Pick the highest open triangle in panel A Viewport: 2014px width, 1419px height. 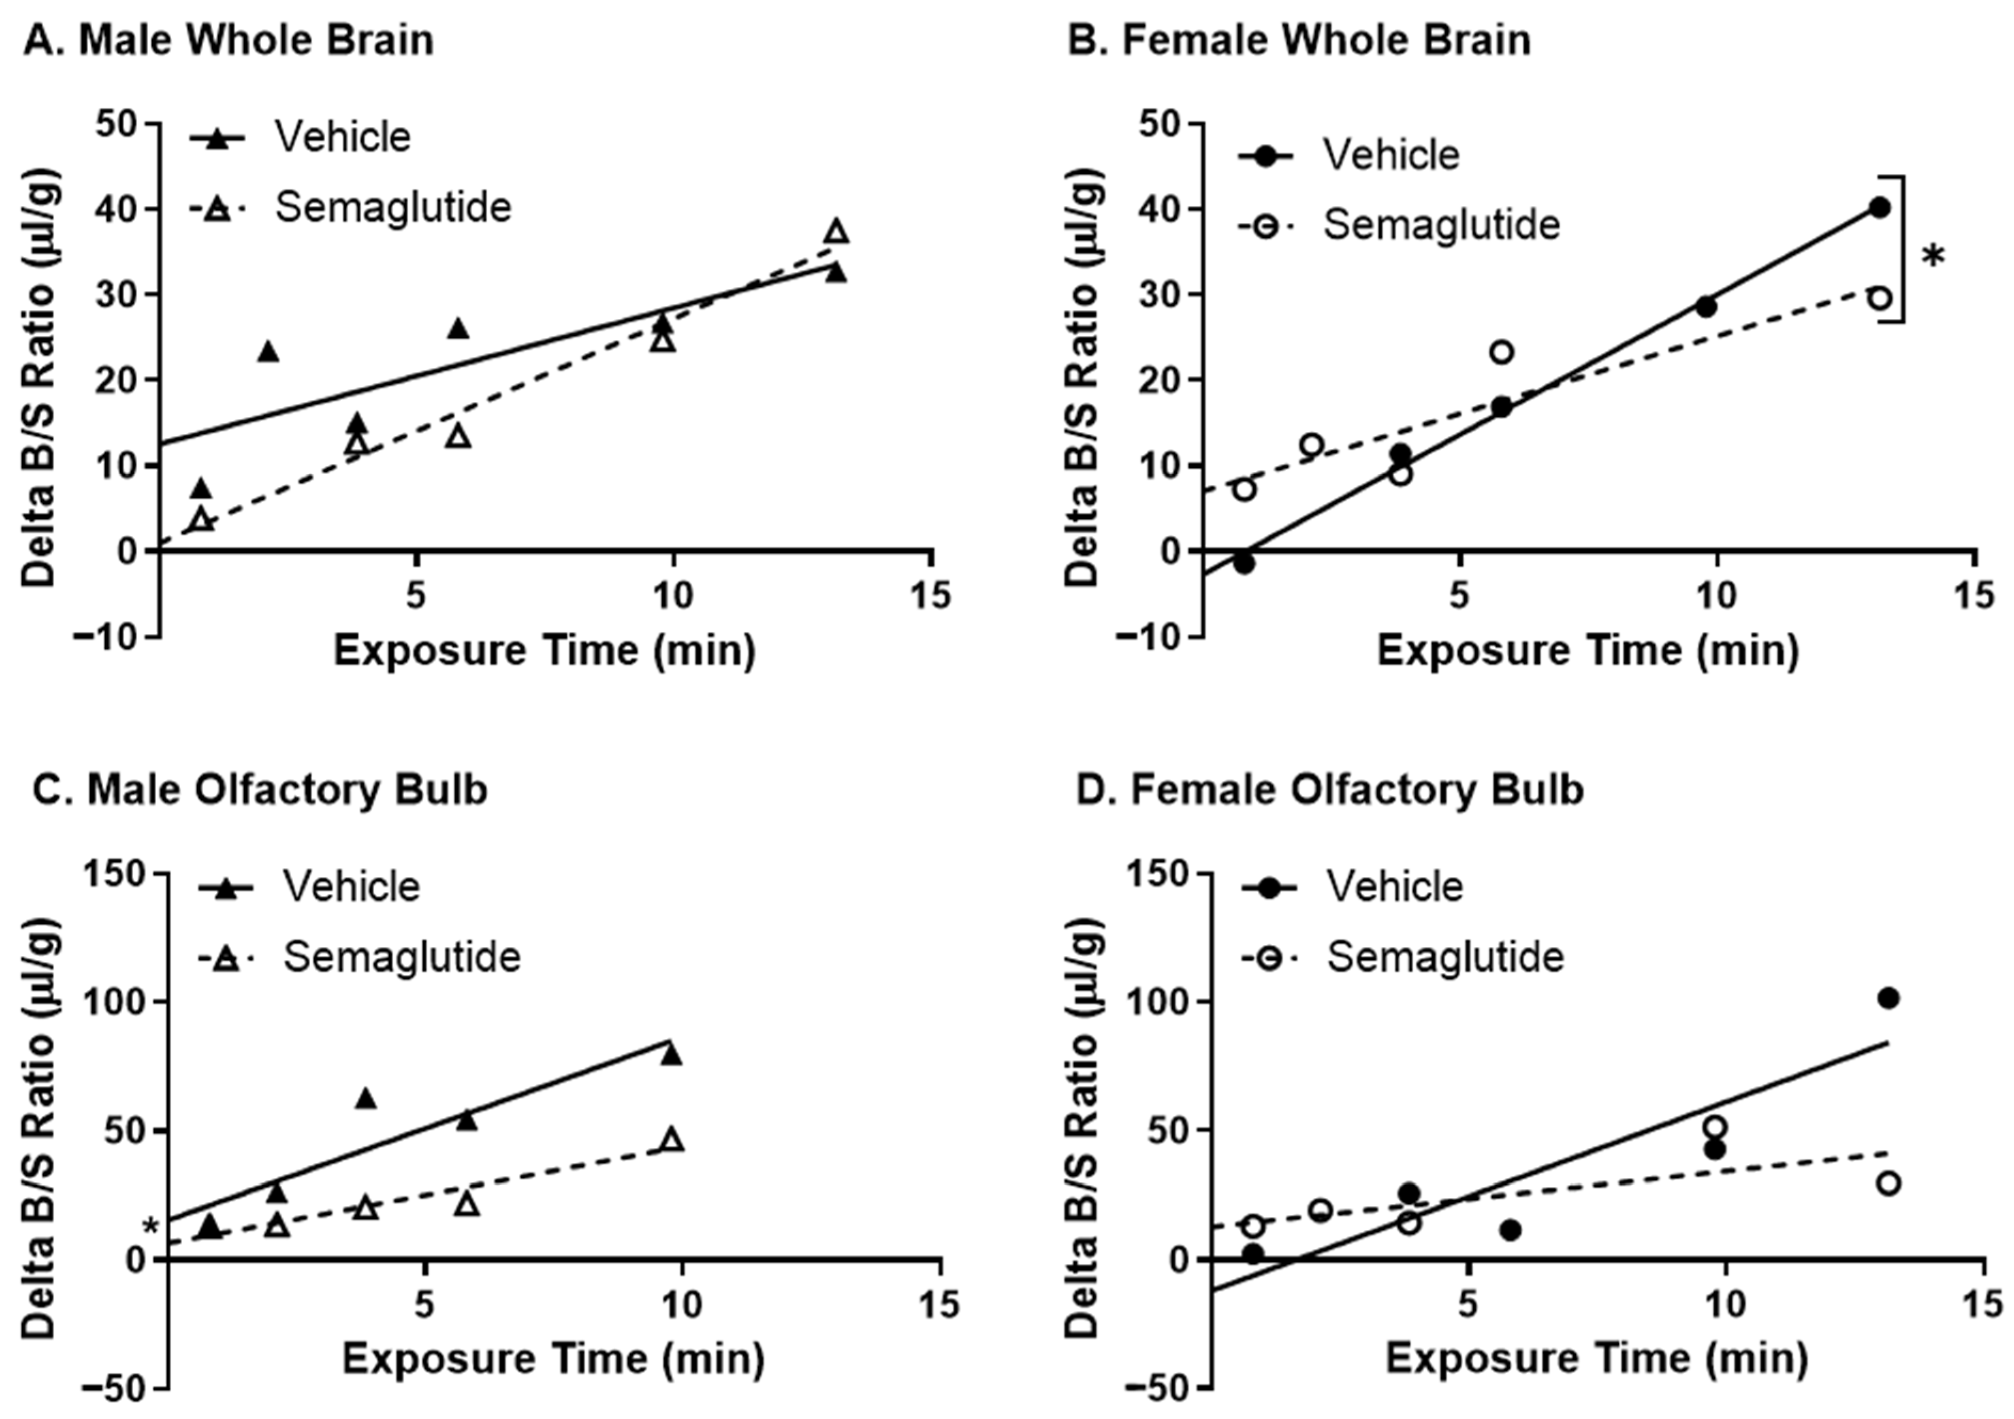click(x=836, y=231)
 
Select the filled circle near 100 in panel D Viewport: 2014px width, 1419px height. click(x=1889, y=998)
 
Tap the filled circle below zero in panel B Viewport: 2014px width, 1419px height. click(x=1244, y=563)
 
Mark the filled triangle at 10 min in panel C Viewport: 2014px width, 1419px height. click(x=672, y=1054)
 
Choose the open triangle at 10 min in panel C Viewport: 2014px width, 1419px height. click(x=672, y=1139)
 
